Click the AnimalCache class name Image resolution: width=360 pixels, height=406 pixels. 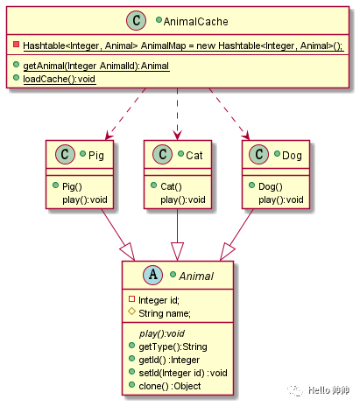pyautogui.click(x=195, y=22)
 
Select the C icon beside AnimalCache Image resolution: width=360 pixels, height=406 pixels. pyautogui.click(x=136, y=20)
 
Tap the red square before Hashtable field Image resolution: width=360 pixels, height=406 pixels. pyautogui.click(x=17, y=45)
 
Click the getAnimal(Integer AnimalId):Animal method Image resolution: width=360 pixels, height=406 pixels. pyautogui.click(x=96, y=66)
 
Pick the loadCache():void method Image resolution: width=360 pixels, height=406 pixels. pyautogui.click(x=60, y=79)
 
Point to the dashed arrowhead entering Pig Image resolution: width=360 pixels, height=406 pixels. pyautogui.click(x=109, y=136)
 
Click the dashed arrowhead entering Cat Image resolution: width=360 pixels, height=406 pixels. pyautogui.click(x=177, y=136)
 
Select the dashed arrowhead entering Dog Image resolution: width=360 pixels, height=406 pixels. pyautogui.click(x=246, y=136)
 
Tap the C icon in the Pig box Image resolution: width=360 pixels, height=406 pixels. pyautogui.click(x=65, y=154)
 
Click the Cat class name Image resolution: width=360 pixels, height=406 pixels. pyautogui.click(x=194, y=155)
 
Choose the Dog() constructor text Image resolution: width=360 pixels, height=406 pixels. pyautogui.click(x=271, y=186)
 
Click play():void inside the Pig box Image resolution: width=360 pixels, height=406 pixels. pyautogui.click(x=85, y=199)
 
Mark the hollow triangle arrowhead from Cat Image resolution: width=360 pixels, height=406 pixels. pyautogui.click(x=177, y=251)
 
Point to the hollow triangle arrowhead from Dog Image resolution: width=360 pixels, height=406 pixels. pyautogui.click(x=227, y=252)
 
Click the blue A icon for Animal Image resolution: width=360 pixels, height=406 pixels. pyautogui.click(x=153, y=275)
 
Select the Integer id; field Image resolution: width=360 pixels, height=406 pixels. pyautogui.click(x=159, y=300)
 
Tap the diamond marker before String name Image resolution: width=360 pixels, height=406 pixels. pyautogui.click(x=131, y=311)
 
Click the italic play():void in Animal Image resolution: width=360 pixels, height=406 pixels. pyautogui.click(x=162, y=333)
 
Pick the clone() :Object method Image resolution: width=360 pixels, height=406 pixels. pyautogui.click(x=170, y=386)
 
